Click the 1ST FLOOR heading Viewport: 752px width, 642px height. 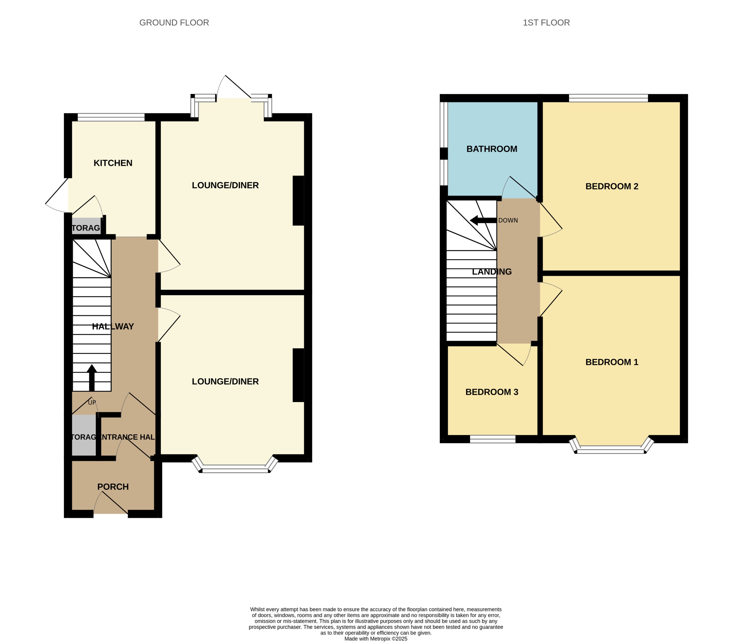pyautogui.click(x=546, y=22)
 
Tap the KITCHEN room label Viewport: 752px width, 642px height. pyautogui.click(x=113, y=163)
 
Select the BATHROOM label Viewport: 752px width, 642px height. pyautogui.click(x=491, y=149)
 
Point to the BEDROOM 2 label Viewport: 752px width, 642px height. pyautogui.click(x=612, y=186)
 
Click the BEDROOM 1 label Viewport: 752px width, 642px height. pyautogui.click(x=612, y=362)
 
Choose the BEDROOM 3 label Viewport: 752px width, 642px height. pyautogui.click(x=491, y=392)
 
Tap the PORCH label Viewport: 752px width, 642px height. pyautogui.click(x=113, y=487)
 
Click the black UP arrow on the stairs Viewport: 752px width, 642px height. pyautogui.click(x=92, y=378)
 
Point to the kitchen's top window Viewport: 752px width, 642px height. pyautogui.click(x=111, y=117)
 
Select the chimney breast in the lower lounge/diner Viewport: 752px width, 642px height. pyautogui.click(x=298, y=375)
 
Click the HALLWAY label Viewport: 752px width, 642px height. pyautogui.click(x=113, y=326)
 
